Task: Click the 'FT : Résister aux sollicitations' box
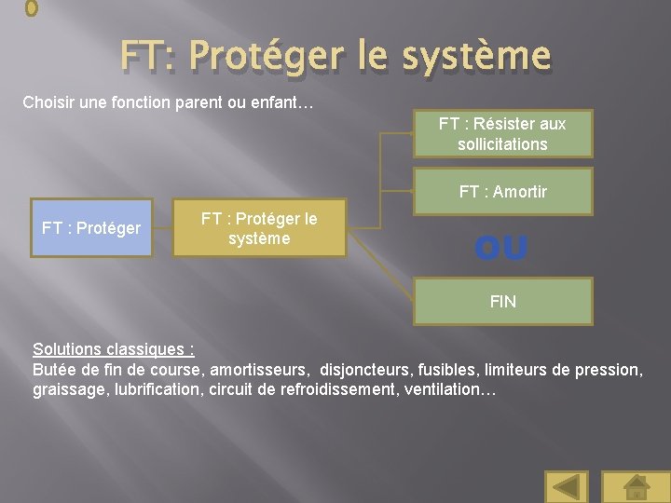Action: pyautogui.click(x=502, y=134)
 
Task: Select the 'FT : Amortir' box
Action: pyautogui.click(x=502, y=192)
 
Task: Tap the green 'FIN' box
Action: pyautogui.click(x=502, y=302)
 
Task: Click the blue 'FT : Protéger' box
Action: pyautogui.click(x=91, y=228)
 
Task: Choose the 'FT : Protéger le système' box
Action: pyautogui.click(x=259, y=228)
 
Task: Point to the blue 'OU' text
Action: pyautogui.click(x=500, y=249)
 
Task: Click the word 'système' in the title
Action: pyautogui.click(x=477, y=57)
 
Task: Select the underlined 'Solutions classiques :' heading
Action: pyautogui.click(x=114, y=349)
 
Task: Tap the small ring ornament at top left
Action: pyautogui.click(x=31, y=7)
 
